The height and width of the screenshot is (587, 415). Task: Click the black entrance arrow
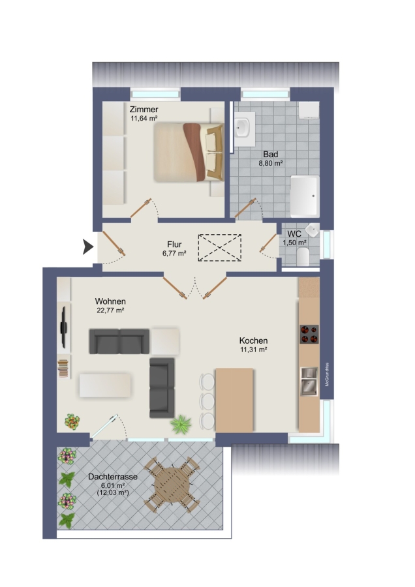pyautogui.click(x=87, y=247)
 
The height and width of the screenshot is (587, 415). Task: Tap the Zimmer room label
pyautogui.click(x=144, y=110)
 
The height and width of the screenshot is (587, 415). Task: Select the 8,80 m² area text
pyautogui.click(x=270, y=163)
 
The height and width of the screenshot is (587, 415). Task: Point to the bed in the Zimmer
pyautogui.click(x=189, y=153)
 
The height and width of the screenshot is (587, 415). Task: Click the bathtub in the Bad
pyautogui.click(x=305, y=196)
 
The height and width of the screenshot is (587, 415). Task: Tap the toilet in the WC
pyautogui.click(x=303, y=256)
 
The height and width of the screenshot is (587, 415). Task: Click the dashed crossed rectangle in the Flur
pyautogui.click(x=219, y=247)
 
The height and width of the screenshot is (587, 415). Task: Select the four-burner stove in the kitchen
pyautogui.click(x=309, y=335)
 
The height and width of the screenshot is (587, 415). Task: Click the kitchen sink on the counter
pyautogui.click(x=309, y=381)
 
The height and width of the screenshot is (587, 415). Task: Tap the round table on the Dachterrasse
pyautogui.click(x=173, y=485)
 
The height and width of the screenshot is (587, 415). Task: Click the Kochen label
pyautogui.click(x=253, y=340)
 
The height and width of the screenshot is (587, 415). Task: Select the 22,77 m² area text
pyautogui.click(x=110, y=310)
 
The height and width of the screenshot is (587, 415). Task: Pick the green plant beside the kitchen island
pyautogui.click(x=181, y=425)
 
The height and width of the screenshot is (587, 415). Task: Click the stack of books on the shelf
pyautogui.click(x=63, y=368)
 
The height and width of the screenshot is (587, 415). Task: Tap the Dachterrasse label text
pyautogui.click(x=113, y=477)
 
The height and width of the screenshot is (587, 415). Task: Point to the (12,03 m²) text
pyautogui.click(x=113, y=492)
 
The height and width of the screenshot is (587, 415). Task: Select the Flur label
pyautogui.click(x=174, y=245)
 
